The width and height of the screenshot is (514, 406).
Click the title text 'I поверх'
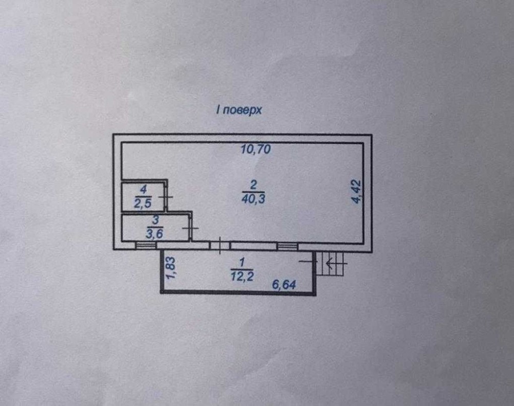coord(238,110)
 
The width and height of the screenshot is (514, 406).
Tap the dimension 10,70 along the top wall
coord(255,150)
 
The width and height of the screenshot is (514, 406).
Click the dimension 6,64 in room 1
coord(284,285)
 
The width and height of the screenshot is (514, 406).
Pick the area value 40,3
coord(253,199)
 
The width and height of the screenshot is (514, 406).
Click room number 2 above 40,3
coord(253,185)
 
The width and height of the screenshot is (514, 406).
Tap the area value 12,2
coord(242,276)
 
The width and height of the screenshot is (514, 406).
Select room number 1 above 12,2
coord(242,263)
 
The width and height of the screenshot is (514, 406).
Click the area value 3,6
coord(154,234)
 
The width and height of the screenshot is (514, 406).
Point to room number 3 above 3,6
coord(155,220)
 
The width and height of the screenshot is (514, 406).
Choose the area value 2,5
coord(143,204)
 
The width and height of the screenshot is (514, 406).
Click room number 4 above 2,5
coord(143,190)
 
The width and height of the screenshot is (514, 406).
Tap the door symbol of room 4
coord(166,197)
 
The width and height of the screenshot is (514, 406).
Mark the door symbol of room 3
coord(191,228)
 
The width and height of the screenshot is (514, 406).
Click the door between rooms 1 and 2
coord(220,246)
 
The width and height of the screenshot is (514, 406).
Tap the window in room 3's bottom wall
coord(146,246)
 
